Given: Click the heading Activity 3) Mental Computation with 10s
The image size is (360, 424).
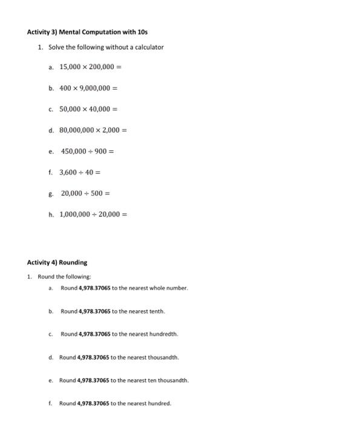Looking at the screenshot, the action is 87,31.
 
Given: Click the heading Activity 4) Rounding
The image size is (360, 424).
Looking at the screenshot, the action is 57,262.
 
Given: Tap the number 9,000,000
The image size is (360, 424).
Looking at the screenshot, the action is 93,88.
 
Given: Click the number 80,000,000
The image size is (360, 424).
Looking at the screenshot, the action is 80,130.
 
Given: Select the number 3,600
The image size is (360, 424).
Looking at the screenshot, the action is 68,172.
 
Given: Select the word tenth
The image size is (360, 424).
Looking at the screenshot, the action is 156,311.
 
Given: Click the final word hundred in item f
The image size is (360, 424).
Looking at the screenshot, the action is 160,403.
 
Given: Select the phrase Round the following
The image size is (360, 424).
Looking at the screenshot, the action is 59,276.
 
